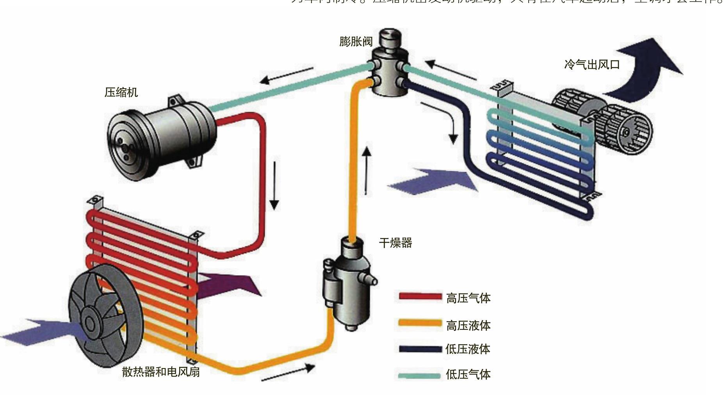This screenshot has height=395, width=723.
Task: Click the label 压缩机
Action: pyautogui.click(x=121, y=93)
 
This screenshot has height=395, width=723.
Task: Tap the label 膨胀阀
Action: pyautogui.click(x=356, y=41)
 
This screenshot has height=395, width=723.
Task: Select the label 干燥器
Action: pyautogui.click(x=395, y=243)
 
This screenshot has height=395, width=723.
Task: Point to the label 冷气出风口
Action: pyautogui.click(x=592, y=64)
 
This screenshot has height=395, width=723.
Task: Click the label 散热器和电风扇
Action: pyautogui.click(x=161, y=372)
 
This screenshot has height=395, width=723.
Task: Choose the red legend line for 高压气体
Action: pyautogui.click(x=420, y=297)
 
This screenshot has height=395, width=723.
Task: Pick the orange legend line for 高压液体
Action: pyautogui.click(x=420, y=324)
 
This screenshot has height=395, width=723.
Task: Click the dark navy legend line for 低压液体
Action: pyautogui.click(x=420, y=349)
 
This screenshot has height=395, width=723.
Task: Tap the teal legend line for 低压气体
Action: pyautogui.click(x=420, y=375)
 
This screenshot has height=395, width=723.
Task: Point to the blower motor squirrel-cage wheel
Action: pyautogui.click(x=623, y=130)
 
